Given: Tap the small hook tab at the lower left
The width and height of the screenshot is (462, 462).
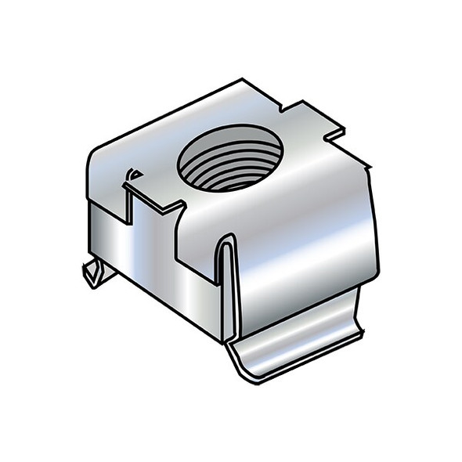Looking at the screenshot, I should coord(94,274).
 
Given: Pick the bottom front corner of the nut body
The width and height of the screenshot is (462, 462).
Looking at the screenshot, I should coord(222,341).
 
